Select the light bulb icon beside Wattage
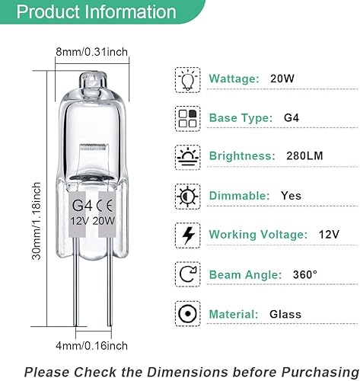186,79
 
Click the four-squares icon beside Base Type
186,118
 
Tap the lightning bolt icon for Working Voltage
186,233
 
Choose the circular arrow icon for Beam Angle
186,273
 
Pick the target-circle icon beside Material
186,313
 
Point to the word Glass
285,314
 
